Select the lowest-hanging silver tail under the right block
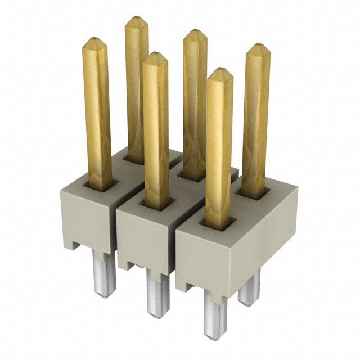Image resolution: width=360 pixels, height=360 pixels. [x=215, y=315]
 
